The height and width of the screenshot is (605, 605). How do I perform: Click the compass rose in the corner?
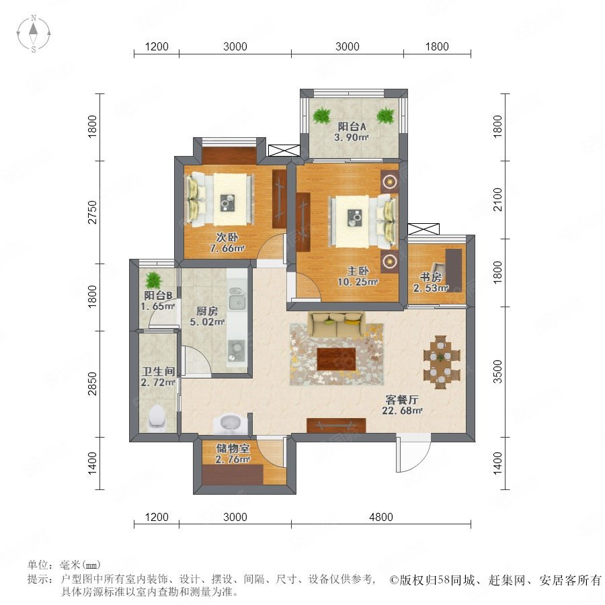(x=34, y=34)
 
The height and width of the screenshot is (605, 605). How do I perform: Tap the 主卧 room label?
(x=358, y=271)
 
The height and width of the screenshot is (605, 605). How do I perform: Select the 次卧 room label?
(x=227, y=237)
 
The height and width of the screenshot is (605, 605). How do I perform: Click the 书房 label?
(x=431, y=277)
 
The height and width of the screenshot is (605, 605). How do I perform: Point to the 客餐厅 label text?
(x=402, y=400)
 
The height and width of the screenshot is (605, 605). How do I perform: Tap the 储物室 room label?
(x=233, y=448)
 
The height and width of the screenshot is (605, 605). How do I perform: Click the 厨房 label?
(x=207, y=311)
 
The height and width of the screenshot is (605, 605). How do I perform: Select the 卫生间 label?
(x=158, y=372)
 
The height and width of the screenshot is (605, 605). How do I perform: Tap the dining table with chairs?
(x=442, y=362)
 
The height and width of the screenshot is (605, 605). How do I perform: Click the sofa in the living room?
(x=337, y=325)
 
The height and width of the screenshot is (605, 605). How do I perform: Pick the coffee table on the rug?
(x=336, y=359)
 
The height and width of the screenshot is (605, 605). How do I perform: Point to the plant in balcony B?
(x=153, y=280)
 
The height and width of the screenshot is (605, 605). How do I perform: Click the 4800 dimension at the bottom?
(x=381, y=517)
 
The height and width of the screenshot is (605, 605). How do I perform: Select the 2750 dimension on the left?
(x=93, y=212)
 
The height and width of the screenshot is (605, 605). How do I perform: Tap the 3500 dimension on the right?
(x=497, y=372)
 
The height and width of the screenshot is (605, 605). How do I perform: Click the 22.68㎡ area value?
(x=402, y=411)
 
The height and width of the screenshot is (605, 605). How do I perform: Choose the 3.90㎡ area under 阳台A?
(x=352, y=137)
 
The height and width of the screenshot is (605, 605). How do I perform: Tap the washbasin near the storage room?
(x=231, y=423)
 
